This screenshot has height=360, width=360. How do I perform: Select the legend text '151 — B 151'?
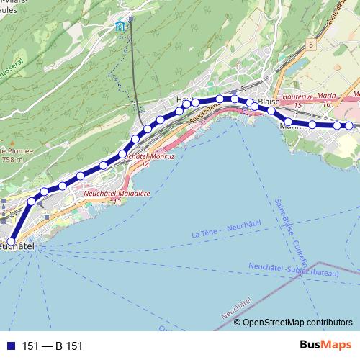[x=53, y=346]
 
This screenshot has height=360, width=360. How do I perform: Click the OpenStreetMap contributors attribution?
[x=297, y=322]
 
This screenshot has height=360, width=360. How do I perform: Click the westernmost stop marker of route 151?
[x=11, y=242]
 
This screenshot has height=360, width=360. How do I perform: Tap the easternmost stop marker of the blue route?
[x=349, y=125]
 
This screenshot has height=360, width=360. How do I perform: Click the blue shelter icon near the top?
[x=120, y=27]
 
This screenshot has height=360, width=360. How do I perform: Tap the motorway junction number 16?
[x=326, y=104]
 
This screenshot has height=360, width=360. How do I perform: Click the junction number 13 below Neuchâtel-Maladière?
[x=116, y=202]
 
